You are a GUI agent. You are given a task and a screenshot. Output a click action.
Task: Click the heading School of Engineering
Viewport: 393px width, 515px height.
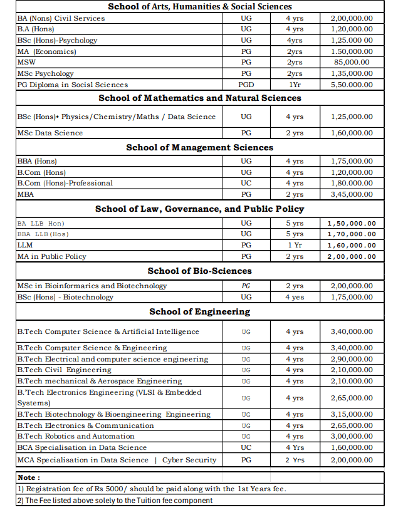click(199, 311)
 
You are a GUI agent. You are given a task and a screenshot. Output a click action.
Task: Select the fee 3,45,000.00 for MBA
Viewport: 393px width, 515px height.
click(351, 194)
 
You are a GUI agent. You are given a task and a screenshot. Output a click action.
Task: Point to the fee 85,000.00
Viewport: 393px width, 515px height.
click(351, 63)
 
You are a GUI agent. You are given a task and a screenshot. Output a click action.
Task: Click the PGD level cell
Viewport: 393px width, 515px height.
click(246, 85)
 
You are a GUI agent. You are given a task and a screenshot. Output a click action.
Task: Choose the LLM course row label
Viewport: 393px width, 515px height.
click(25, 245)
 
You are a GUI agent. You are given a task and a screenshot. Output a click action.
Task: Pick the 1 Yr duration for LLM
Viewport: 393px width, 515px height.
click(295, 245)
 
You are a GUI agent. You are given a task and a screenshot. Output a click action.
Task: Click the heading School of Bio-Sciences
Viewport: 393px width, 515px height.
click(199, 271)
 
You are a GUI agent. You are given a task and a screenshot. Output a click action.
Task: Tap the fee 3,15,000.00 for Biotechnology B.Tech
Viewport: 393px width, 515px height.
click(351, 415)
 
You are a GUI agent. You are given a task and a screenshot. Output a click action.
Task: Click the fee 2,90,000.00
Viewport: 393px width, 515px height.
click(351, 360)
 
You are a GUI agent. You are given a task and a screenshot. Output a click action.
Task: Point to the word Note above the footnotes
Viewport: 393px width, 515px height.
click(28, 477)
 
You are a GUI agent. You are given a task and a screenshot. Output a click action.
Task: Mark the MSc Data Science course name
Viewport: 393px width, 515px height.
click(50, 133)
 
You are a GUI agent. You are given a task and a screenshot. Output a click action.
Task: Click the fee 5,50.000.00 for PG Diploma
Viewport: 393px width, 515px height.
click(351, 85)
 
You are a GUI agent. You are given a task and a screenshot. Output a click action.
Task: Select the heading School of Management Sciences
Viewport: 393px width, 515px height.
click(199, 147)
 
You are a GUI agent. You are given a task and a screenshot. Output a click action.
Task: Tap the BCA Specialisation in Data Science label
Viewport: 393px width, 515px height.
click(81, 448)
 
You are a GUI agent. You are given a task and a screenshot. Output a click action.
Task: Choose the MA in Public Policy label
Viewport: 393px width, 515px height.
click(51, 256)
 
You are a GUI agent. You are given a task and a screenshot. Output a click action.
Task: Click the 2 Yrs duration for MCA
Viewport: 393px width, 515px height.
click(295, 460)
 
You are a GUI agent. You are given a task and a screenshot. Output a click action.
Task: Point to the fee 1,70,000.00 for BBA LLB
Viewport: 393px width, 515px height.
click(351, 234)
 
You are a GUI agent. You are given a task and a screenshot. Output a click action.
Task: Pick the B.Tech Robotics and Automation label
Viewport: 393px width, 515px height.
click(75, 437)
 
